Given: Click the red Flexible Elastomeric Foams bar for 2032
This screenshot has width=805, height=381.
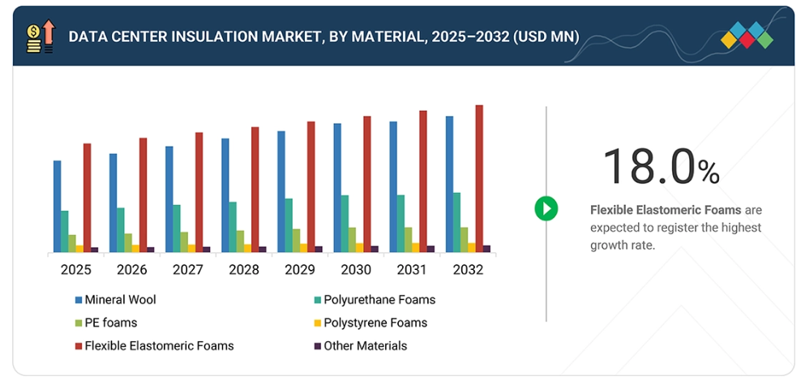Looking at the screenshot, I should click(479, 178).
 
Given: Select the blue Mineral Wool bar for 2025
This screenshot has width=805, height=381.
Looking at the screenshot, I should click(58, 206).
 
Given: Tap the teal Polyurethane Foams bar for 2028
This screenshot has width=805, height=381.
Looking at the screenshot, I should click(233, 227).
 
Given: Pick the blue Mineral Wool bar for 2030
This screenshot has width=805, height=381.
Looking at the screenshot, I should click(337, 187).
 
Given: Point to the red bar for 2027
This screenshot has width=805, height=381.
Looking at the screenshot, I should click(199, 192).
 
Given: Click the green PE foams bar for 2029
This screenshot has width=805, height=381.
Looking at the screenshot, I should click(296, 240).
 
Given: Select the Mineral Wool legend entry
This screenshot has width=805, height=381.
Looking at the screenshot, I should click(119, 300).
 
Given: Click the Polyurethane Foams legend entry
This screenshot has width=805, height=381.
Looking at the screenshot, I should click(379, 300).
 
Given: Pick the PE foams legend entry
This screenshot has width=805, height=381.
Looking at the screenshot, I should click(110, 323).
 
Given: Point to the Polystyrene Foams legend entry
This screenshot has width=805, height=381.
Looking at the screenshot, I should click(375, 323).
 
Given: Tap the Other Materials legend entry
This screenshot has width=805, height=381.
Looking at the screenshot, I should click(365, 346).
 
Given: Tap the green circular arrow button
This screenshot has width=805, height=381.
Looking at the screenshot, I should click(546, 208).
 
